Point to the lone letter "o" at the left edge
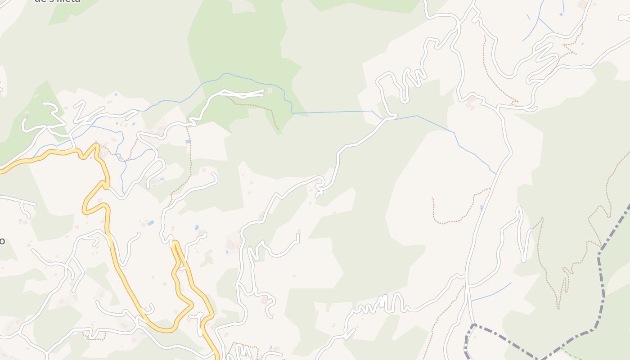point(2,241)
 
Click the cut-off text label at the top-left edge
point(58,1)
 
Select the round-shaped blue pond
point(197,227)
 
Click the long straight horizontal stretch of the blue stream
point(333,112)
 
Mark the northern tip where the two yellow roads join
point(175,243)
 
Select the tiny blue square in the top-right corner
point(561,14)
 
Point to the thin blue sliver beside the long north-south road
point(481,207)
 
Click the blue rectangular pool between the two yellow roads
point(150,223)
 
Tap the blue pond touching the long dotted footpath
point(188,141)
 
